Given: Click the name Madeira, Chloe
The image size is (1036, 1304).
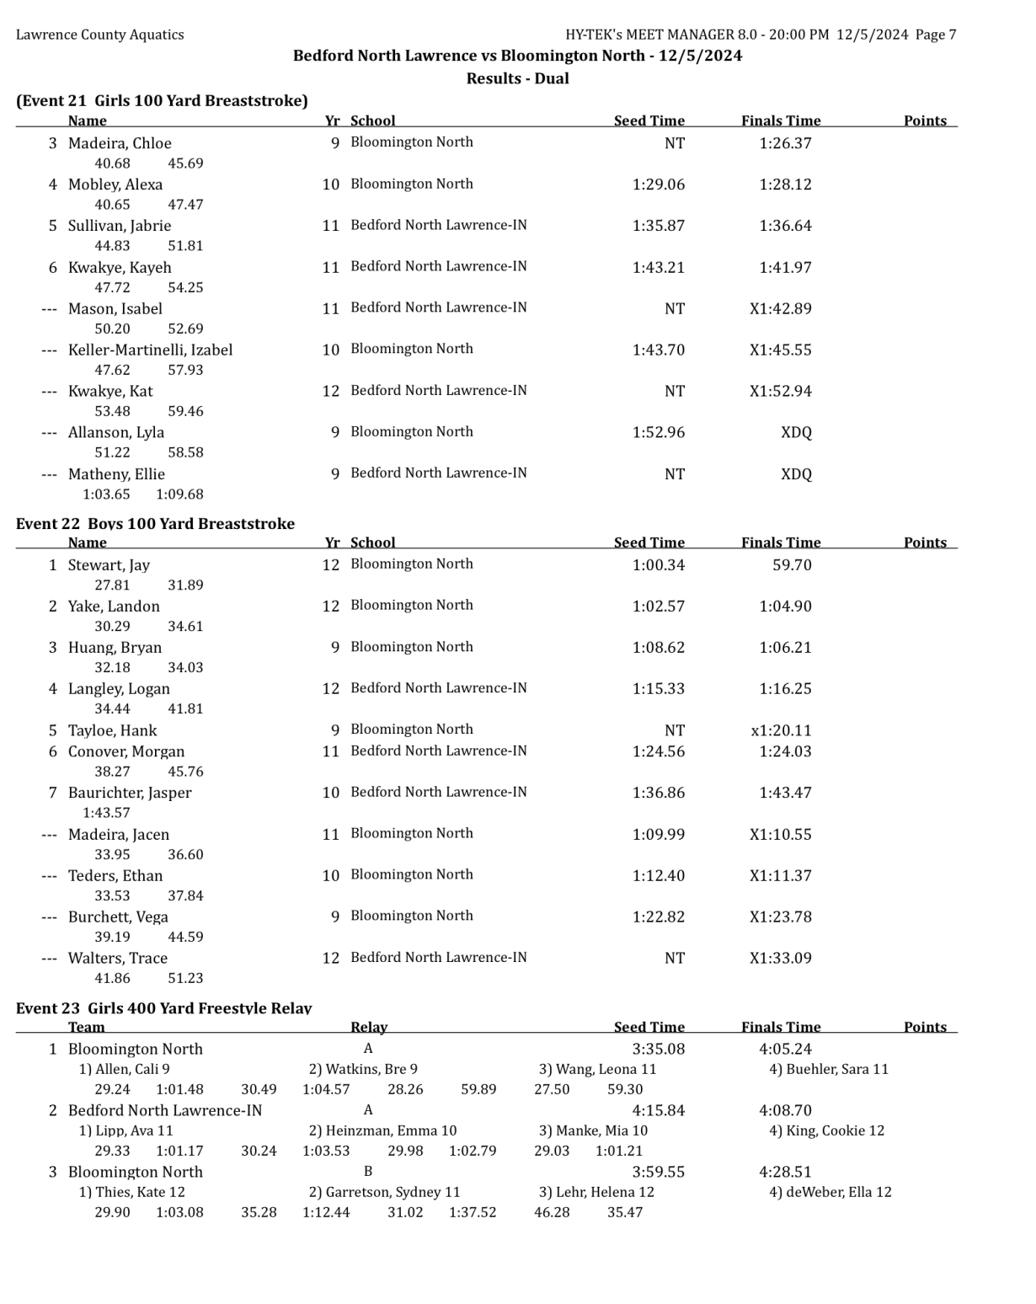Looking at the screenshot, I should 120,143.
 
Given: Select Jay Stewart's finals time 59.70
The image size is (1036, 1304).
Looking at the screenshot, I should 792,565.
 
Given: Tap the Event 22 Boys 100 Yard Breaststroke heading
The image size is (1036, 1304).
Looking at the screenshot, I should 155,524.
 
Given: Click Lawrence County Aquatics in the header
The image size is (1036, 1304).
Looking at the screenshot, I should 99,35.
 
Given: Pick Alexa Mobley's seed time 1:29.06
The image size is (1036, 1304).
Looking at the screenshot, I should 658,184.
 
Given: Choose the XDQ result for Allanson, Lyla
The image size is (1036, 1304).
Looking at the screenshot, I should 796,432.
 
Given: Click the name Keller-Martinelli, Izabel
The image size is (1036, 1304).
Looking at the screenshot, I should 150,350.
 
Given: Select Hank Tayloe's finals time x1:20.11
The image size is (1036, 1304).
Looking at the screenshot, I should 781,730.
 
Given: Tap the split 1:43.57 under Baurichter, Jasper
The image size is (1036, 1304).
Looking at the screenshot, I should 106,813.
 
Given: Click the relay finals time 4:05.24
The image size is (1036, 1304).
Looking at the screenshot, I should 785,1049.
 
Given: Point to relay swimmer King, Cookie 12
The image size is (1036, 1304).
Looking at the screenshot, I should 826,1130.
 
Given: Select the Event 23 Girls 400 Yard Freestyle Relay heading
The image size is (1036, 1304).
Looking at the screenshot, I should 163,1008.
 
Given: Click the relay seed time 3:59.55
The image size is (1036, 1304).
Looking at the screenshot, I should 658,1172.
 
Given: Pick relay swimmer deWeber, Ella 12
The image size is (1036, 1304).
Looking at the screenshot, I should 830,1192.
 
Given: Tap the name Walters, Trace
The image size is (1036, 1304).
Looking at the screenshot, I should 117,958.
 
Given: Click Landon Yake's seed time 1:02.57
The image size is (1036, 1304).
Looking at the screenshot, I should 658,607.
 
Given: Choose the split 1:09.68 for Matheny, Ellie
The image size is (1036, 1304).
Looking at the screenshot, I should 179,494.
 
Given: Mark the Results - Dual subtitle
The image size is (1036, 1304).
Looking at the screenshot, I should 517,78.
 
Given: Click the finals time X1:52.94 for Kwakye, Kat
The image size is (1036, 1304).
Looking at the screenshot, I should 781,391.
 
